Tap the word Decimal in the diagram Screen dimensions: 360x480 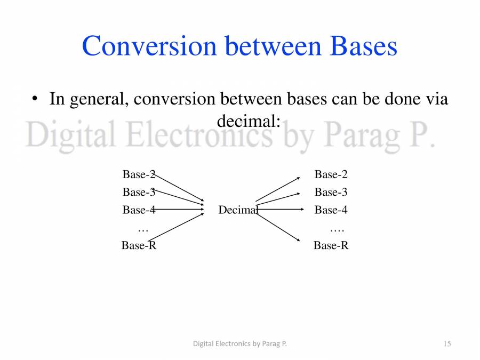pyautogui.click(x=238, y=210)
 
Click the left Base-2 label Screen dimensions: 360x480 pyautogui.click(x=139, y=174)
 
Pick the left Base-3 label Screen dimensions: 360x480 pyautogui.click(x=139, y=192)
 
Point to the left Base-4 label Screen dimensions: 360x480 pyautogui.click(x=139, y=210)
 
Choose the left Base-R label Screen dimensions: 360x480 pyautogui.click(x=139, y=245)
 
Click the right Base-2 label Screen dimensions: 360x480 pyautogui.click(x=331, y=174)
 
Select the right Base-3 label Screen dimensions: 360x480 pyautogui.click(x=331, y=192)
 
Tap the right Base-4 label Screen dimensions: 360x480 pyautogui.click(x=331, y=210)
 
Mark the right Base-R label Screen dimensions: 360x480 pyautogui.click(x=331, y=245)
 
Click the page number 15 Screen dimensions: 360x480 pyautogui.click(x=447, y=344)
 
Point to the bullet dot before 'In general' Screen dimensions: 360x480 pyautogui.click(x=35, y=99)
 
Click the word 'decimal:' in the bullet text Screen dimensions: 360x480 pyautogui.click(x=249, y=122)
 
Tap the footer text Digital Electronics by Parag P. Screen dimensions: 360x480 pyautogui.click(x=239, y=344)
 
